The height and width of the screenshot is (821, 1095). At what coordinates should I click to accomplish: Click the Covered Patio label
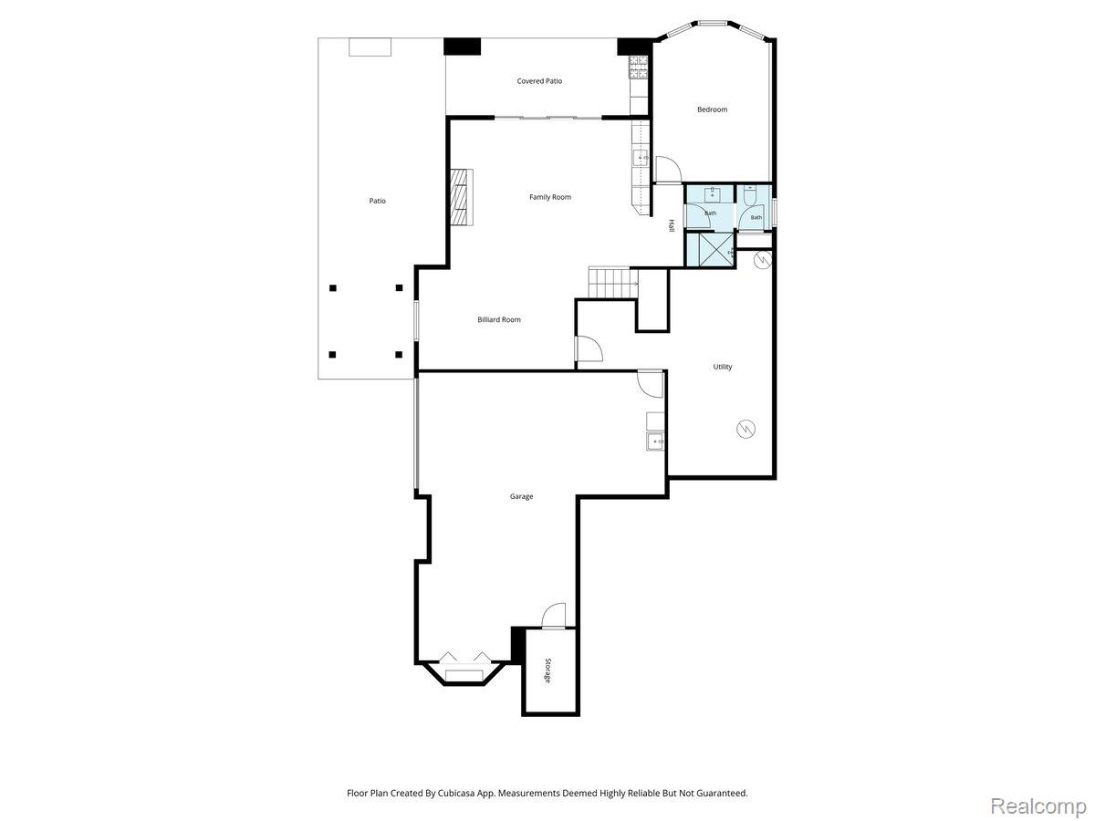coord(539,81)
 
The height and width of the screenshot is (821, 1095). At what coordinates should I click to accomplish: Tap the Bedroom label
coord(712,109)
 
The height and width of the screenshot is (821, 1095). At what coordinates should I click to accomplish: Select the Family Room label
coord(549,197)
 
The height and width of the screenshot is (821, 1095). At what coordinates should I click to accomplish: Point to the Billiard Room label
coord(499,319)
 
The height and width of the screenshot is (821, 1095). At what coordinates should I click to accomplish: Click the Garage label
coord(521,496)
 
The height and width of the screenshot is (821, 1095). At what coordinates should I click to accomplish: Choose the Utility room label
coord(723,367)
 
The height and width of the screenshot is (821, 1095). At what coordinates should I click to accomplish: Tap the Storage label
coord(547,670)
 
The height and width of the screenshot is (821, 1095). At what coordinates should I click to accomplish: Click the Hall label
coord(671,226)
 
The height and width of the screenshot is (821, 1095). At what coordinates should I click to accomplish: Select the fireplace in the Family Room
coord(462,197)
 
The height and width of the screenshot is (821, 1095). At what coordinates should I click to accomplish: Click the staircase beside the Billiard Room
coord(613,283)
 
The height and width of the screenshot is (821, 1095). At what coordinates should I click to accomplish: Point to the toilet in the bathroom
coord(750,195)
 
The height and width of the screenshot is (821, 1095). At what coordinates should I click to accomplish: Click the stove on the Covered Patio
coord(639,68)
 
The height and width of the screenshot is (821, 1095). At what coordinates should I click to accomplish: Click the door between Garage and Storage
coord(554,615)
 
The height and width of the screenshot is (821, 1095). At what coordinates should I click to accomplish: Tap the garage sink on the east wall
coord(655,442)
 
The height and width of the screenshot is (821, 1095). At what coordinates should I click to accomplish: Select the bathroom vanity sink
coord(712,194)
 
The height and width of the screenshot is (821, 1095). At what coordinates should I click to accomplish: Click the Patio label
coord(377,201)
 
